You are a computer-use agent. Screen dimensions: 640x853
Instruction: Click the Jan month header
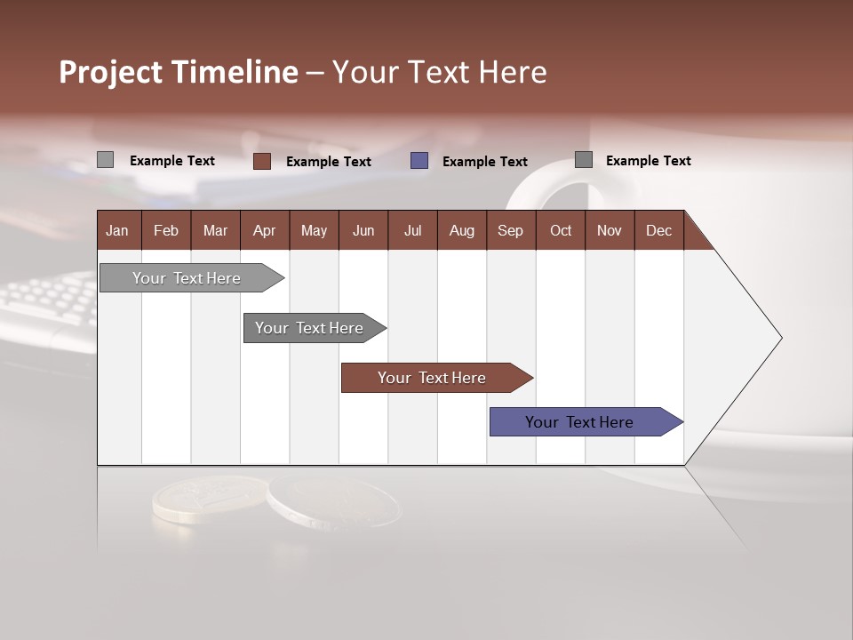(117, 230)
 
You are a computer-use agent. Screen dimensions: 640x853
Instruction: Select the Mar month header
(215, 230)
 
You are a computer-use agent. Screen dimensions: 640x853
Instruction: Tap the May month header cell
(314, 230)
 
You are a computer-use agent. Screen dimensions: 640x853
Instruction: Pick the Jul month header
(412, 230)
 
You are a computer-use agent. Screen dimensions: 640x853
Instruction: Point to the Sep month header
(510, 230)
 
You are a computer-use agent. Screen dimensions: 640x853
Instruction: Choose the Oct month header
(560, 230)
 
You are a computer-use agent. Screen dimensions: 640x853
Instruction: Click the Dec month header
(658, 230)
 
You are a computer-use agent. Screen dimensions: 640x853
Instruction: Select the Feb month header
(166, 230)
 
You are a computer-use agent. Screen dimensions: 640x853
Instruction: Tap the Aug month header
(461, 230)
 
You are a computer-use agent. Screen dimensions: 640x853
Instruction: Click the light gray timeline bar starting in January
(187, 278)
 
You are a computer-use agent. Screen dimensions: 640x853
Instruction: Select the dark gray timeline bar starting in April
(309, 328)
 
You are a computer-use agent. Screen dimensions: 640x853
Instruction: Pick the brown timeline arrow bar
(432, 378)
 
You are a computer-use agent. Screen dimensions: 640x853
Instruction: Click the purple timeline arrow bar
(579, 422)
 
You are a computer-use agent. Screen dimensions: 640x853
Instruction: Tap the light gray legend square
(105, 160)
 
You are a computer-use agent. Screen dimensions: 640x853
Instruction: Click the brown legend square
(262, 161)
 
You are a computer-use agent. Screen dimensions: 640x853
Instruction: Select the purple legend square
(419, 161)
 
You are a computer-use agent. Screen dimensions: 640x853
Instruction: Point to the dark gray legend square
(583, 160)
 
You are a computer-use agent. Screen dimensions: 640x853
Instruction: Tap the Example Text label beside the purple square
(484, 162)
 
